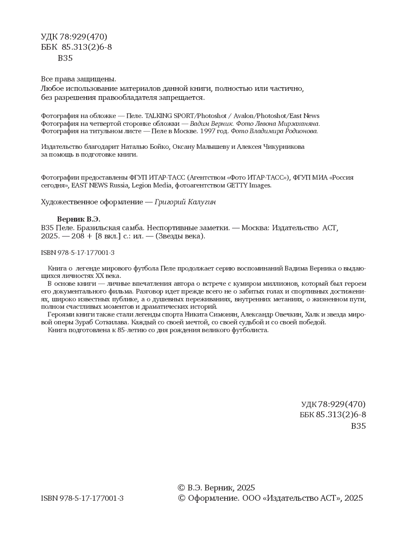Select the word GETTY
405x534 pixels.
[237, 185]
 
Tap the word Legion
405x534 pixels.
[142, 185]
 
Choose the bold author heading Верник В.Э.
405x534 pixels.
[78, 219]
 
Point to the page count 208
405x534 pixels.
[78, 236]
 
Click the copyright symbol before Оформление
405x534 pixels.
[181, 498]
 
